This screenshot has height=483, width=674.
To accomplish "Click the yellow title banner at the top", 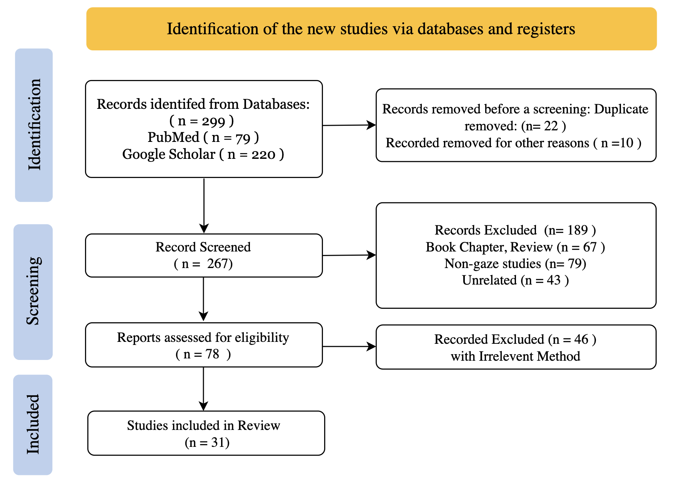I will coord(371,29).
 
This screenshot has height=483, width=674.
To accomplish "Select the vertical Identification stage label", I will coord(34,125).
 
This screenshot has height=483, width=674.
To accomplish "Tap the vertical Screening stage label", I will coord(33,291).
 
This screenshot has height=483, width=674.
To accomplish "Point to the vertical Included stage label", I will coord(33,425).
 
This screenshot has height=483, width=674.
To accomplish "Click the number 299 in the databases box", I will coord(213,122).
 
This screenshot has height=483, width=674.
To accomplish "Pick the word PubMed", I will coord(173,137).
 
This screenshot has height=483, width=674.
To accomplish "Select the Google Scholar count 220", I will coord(263,155).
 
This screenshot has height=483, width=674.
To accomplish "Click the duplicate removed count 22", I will coord(551,126).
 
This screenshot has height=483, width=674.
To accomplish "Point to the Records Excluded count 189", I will coord(577,230).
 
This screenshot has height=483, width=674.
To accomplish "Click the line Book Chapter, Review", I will coord(489,247).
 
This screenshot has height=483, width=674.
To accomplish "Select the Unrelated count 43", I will coord(554,280).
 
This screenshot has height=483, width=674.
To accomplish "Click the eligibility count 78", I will coord(212,354).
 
